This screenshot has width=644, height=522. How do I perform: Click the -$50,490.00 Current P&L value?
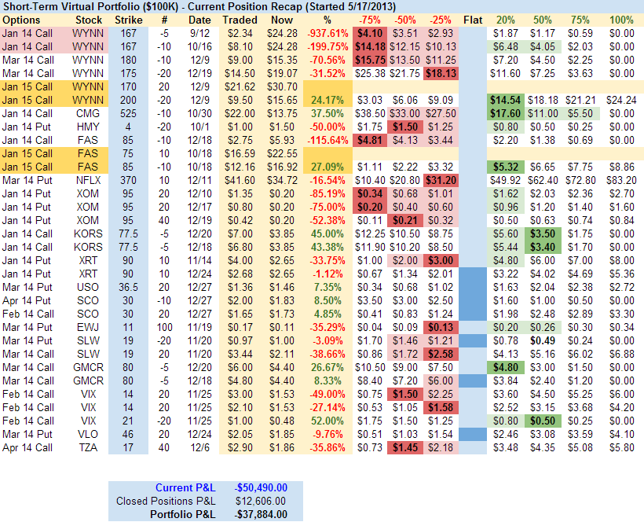[x=262, y=487]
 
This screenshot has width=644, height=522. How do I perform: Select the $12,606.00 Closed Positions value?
[x=262, y=501]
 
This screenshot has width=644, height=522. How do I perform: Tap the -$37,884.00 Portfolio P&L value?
[x=262, y=514]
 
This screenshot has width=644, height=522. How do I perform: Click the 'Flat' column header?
[x=474, y=19]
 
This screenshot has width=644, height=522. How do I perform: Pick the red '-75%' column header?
[x=368, y=19]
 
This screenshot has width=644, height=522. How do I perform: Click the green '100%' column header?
[x=621, y=19]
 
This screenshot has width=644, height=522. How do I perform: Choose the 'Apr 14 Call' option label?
[x=27, y=447]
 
